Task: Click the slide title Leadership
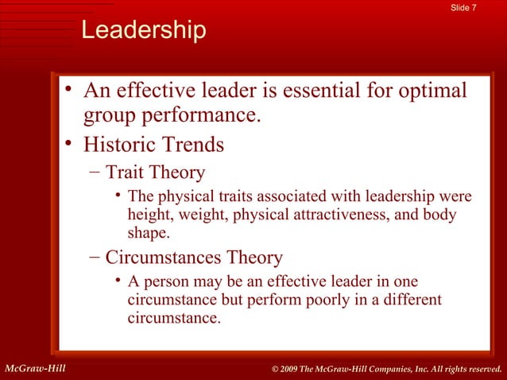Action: pyautogui.click(x=144, y=32)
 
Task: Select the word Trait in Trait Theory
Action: pyautogui.click(x=130, y=173)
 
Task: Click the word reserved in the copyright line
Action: pyautogui.click(x=479, y=367)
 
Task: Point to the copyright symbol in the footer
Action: pyautogui.click(x=275, y=367)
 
